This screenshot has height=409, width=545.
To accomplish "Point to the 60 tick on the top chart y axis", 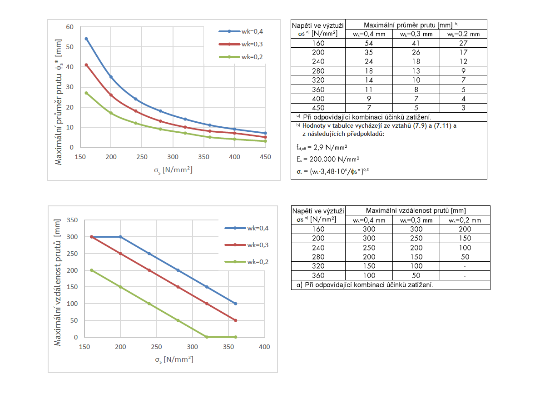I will (x=70, y=27).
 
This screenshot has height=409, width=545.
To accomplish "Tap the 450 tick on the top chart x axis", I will (x=265, y=157).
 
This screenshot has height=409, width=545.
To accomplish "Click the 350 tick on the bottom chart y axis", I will (x=73, y=220).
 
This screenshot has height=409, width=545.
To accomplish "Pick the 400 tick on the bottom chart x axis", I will (x=264, y=347).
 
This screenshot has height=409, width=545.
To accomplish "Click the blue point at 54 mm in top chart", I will (x=86, y=39).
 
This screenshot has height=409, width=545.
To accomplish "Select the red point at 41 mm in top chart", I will (x=86, y=65).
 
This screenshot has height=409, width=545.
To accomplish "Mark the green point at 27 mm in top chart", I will (x=86, y=93).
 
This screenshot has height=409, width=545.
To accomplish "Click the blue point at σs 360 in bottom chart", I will (x=235, y=304).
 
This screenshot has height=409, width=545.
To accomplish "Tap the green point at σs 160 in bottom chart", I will (x=91, y=270).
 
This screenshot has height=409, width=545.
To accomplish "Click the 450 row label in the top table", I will (x=319, y=108).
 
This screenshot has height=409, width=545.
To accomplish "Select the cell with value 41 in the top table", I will (x=416, y=43).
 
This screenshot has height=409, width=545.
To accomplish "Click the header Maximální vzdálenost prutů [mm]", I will (x=416, y=210).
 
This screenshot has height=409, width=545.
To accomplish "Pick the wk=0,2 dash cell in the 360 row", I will (x=465, y=275).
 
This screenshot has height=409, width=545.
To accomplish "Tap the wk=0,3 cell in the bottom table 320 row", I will (x=416, y=266).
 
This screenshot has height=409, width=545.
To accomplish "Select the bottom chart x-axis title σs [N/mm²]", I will (x=174, y=359).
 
